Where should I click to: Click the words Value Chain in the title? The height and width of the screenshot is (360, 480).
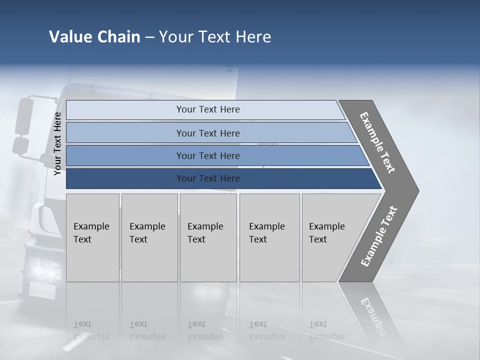[x=94, y=37]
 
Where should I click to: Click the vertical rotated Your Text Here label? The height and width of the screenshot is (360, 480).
[x=57, y=143]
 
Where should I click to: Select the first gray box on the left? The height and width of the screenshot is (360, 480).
[x=92, y=237]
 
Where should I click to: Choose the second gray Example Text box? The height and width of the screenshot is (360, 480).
[x=149, y=237]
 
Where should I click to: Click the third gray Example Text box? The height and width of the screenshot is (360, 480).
[x=208, y=237]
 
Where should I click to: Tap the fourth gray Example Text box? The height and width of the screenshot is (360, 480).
[x=269, y=237]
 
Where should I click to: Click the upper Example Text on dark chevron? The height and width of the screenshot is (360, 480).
[x=377, y=142]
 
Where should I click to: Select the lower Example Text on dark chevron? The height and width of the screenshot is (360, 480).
[x=379, y=236]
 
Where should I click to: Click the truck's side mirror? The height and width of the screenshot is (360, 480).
[x=23, y=117]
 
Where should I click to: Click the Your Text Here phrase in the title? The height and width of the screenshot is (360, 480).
[x=215, y=37]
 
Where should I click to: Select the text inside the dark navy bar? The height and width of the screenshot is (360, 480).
[x=208, y=178]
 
